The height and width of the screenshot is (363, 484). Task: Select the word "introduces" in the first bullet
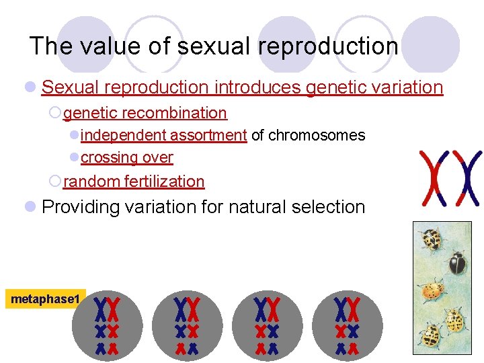[x=257, y=87]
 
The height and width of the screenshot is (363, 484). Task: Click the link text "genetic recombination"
[x=145, y=113]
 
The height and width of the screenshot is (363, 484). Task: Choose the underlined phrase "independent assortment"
[x=163, y=135]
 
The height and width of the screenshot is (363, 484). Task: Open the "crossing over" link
[x=126, y=157]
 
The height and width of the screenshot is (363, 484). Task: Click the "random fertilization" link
[x=134, y=182]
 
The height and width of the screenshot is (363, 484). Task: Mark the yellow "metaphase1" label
[x=45, y=298]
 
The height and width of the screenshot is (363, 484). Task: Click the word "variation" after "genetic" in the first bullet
[x=408, y=87]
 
